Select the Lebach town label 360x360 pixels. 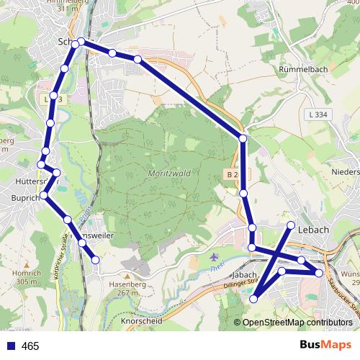pyautogui.click(x=313, y=230)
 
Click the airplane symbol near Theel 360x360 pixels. pyautogui.click(x=213, y=257)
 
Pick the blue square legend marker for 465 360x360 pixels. pyautogui.click(x=9, y=346)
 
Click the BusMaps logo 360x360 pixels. pyautogui.click(x=325, y=345)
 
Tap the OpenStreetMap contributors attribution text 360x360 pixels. pyautogui.click(x=297, y=323)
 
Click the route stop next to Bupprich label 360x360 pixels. pyautogui.click(x=45, y=195)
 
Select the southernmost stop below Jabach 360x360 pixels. pyautogui.click(x=253, y=299)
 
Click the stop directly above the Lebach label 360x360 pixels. pyautogui.click(x=292, y=225)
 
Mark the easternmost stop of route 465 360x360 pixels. pyautogui.click(x=319, y=273)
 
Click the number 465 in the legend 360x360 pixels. pyautogui.click(x=30, y=346)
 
